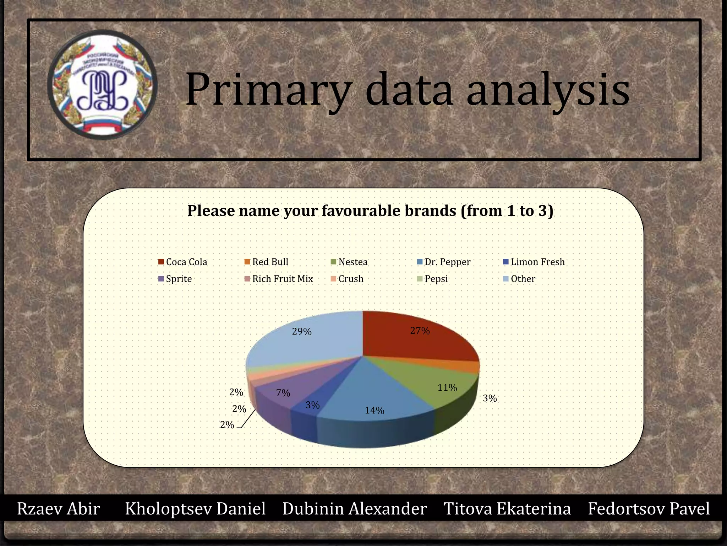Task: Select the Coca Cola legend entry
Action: [x=182, y=262]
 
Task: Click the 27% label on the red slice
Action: [x=420, y=331]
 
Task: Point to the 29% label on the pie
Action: [x=302, y=332]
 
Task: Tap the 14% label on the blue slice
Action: [x=375, y=411]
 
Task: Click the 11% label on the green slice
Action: [x=447, y=388]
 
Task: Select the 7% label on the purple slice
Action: [x=283, y=393]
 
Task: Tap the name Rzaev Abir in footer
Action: [x=59, y=509]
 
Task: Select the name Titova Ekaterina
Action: [x=507, y=509]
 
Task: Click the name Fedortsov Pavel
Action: [x=649, y=509]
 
